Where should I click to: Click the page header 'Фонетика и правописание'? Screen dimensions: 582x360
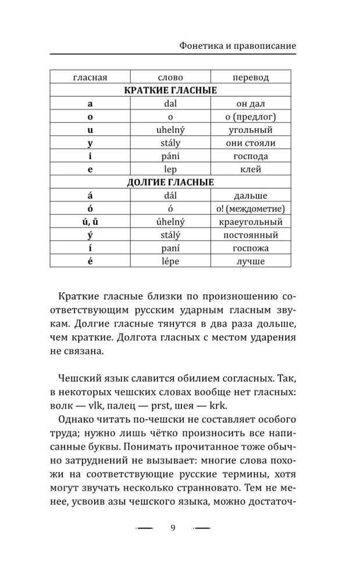tap(236, 45)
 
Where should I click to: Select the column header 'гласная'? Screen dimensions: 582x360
tap(90, 77)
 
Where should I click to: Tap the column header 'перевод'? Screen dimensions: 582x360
tap(251, 77)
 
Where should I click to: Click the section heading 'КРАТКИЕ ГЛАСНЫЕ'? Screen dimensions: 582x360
tap(170, 91)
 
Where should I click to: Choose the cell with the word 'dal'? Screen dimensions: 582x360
tap(170, 104)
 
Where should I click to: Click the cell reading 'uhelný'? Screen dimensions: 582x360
tap(170, 130)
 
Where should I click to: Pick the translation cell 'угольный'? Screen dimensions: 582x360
tap(251, 130)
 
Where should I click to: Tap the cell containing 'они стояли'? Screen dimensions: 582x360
tap(251, 143)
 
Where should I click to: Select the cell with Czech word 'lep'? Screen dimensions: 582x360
tap(170, 169)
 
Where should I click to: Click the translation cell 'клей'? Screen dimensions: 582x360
tap(251, 169)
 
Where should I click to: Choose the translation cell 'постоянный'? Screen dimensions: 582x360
tap(251, 235)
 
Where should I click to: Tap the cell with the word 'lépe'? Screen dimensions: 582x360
tap(170, 261)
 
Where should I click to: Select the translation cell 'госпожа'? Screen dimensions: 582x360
tap(251, 249)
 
